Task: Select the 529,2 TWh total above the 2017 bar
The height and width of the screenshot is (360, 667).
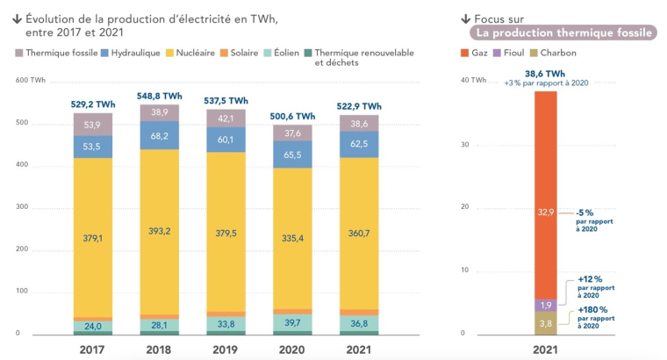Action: click(x=93, y=104)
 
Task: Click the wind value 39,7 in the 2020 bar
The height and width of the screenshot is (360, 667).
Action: click(x=292, y=324)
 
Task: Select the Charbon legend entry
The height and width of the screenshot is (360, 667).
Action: click(x=554, y=53)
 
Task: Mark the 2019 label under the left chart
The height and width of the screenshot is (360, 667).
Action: click(x=226, y=349)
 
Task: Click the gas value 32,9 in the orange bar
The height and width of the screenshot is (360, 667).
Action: click(x=546, y=212)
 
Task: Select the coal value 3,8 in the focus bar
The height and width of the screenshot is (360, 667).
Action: click(x=546, y=324)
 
